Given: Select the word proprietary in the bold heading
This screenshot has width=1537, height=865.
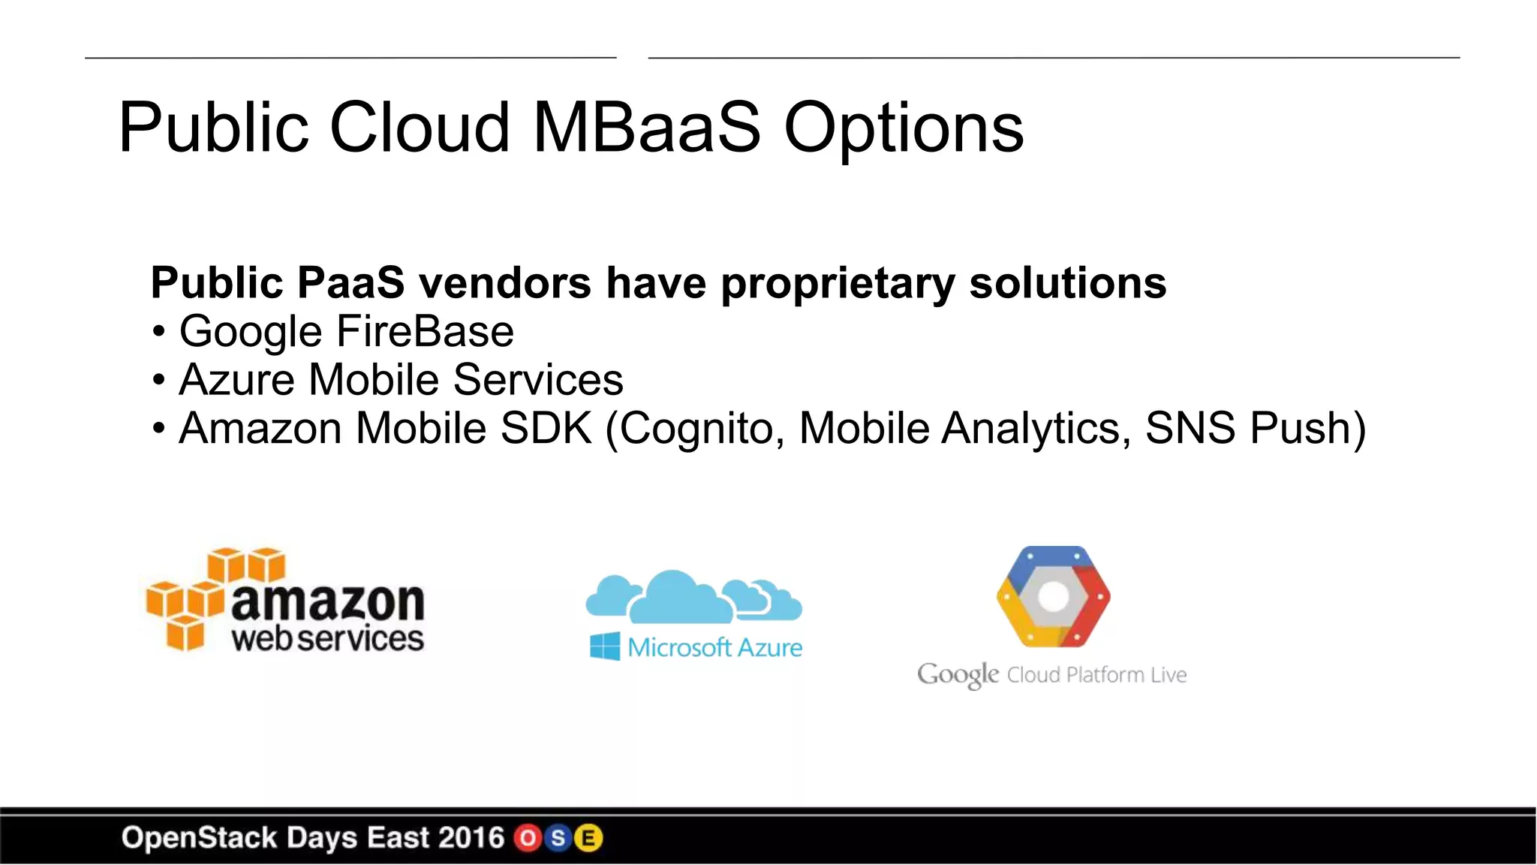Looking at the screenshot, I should [838, 284].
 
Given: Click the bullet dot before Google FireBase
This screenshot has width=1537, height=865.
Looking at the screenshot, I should [158, 333].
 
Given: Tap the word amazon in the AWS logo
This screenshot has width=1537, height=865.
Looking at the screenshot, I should [328, 602].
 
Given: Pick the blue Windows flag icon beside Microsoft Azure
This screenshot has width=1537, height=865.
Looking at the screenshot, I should [605, 646].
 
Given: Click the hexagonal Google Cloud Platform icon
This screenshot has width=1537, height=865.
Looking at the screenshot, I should [1053, 597].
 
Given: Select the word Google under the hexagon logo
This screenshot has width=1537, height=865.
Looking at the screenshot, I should [958, 674].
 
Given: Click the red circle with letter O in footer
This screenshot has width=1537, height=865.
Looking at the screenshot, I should [528, 838].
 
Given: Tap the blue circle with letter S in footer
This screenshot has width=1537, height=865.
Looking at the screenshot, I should [558, 838].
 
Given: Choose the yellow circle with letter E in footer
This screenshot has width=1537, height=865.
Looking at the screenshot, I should [588, 838].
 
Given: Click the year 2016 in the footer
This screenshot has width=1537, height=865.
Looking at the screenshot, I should [471, 838].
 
